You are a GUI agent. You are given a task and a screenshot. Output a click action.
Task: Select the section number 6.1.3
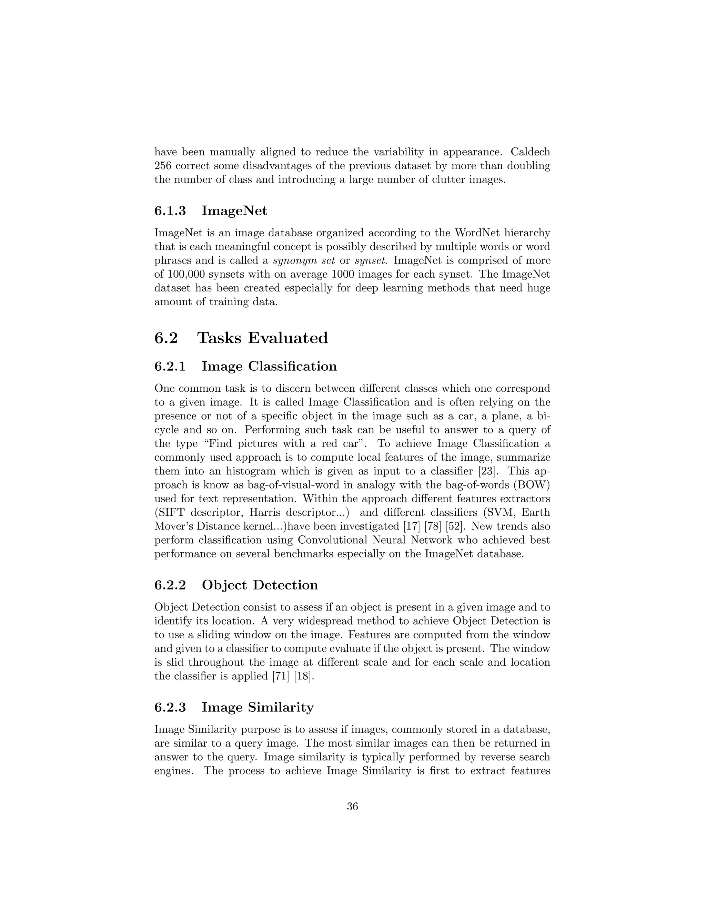170,211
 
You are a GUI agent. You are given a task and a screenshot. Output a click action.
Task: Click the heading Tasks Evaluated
262,338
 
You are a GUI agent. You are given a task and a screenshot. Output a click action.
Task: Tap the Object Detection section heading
260,585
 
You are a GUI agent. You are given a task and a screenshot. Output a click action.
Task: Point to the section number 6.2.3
170,707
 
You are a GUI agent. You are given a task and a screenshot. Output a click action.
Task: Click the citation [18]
303,676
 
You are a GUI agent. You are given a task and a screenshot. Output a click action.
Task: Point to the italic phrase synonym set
304,260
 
